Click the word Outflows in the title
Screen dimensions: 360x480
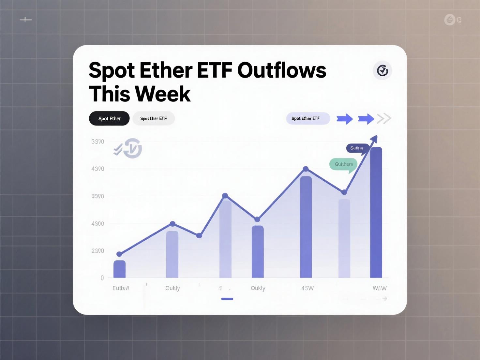282,70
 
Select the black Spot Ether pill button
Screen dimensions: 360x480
109,119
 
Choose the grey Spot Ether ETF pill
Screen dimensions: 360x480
153,119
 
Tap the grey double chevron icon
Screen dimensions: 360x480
384,119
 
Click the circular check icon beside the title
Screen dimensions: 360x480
382,70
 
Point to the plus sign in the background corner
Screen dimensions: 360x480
26,20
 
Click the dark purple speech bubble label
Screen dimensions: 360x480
357,148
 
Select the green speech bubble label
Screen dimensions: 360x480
343,164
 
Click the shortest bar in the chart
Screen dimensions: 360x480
119,269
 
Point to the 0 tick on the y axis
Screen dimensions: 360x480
102,278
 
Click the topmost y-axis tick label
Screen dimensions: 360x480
98,142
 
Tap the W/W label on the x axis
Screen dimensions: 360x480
380,288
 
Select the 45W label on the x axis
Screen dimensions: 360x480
307,288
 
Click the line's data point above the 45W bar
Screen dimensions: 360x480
306,169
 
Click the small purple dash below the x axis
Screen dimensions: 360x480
227,299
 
